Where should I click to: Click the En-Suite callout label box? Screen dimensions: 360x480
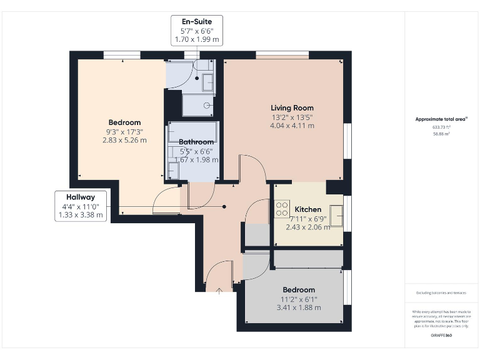[196, 31]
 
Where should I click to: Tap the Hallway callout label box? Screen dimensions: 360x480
[81, 206]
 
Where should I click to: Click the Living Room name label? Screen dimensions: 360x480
[292, 108]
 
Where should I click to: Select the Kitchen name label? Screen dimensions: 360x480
[308, 209]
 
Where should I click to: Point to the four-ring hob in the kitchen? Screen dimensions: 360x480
[282, 209]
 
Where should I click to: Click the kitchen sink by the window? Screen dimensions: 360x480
[337, 216]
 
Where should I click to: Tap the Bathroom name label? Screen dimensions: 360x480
[196, 142]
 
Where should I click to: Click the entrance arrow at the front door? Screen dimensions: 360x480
[219, 289]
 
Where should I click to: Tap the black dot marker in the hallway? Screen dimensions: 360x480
[224, 206]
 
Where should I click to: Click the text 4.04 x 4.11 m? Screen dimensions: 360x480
[292, 126]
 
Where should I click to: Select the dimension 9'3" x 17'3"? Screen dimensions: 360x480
[124, 131]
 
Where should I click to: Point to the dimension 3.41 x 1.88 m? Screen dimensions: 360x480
[299, 307]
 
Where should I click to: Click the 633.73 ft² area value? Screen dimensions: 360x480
[441, 127]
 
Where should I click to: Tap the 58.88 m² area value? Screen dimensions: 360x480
[441, 133]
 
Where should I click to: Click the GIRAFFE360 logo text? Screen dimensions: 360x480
[441, 336]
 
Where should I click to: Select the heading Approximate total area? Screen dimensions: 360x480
[441, 119]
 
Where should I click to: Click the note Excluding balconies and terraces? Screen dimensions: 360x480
[441, 292]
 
